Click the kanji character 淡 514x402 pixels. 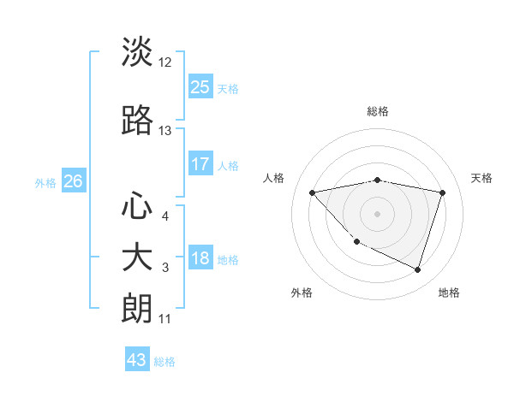tap(137, 52)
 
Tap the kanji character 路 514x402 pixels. tap(137, 121)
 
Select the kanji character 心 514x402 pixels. tap(137, 206)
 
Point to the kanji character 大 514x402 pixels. tap(137, 257)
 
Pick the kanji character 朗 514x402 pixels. tap(137, 309)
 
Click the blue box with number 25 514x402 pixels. tap(200, 86)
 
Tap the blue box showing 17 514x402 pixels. tap(200, 163)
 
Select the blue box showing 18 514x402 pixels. tap(200, 257)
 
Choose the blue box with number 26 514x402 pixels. tap(73, 180)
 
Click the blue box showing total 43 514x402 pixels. tap(137, 360)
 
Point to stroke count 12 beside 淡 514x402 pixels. tap(165, 62)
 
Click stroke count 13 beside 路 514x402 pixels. tap(165, 131)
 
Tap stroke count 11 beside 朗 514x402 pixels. tap(164, 319)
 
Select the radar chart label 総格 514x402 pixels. tap(377, 111)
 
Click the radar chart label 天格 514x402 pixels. tap(482, 178)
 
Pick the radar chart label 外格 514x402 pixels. tap(302, 293)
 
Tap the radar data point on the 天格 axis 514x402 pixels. tap(443, 192)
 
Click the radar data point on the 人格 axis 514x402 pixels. tap(312, 192)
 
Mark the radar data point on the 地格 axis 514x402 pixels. tap(417, 269)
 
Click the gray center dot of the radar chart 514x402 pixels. tap(377, 213)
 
